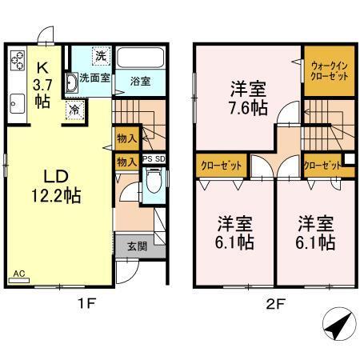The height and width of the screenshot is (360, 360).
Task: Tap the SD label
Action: click(160, 160)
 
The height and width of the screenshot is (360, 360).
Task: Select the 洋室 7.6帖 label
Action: click(248, 97)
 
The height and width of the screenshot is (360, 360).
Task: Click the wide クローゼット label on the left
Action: click(221, 166)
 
